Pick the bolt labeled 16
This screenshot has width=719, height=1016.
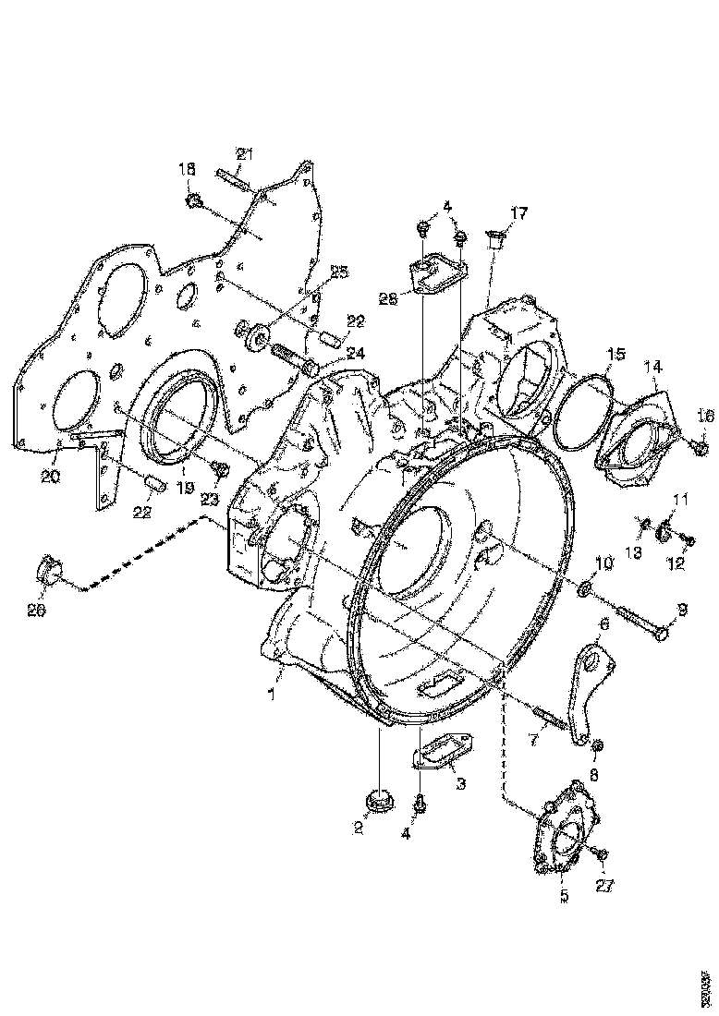tap(700, 449)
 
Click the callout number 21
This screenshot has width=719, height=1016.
tap(244, 154)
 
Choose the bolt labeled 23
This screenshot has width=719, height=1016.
tap(221, 472)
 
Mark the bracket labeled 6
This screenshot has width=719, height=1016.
tap(585, 689)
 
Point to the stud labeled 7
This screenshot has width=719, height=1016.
tap(549, 716)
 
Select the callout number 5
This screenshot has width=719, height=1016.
tap(565, 896)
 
